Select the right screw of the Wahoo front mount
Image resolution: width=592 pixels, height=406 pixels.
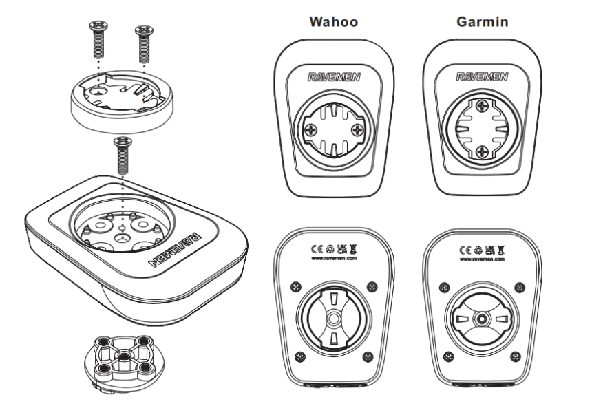pos(356,129)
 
